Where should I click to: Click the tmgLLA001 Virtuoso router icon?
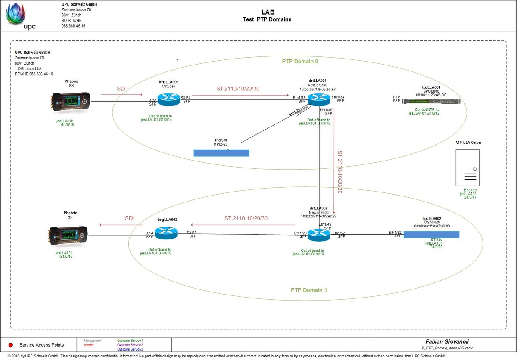[168, 99]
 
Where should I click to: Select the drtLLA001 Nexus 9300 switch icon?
[318, 99]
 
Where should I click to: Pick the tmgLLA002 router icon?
[166, 233]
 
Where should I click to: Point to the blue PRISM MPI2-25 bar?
[221, 153]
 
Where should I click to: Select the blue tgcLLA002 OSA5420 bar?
[431, 234]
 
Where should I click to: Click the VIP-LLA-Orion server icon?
[467, 167]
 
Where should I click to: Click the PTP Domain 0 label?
[300, 62]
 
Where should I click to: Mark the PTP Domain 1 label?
[308, 290]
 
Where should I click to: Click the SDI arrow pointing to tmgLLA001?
[121, 92]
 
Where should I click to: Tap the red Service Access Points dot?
[11, 345]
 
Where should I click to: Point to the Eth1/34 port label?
[337, 97]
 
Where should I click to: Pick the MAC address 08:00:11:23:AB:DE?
[431, 95]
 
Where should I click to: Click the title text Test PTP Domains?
[267, 19]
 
